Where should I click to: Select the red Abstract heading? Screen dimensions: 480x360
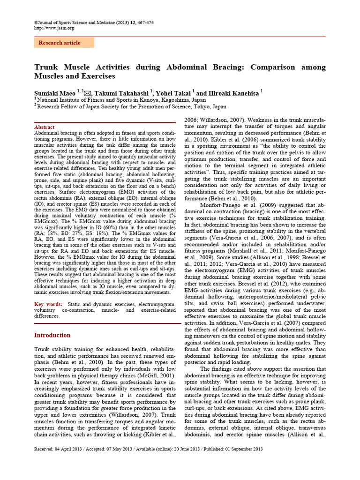pyautogui.click(x=45, y=127)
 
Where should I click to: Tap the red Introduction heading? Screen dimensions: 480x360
pyautogui.click(x=52, y=335)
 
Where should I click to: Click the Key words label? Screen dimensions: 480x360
pyautogui.click(x=48, y=304)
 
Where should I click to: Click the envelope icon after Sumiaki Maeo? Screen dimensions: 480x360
pyautogui.click(x=87, y=93)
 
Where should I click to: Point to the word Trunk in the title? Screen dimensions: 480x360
pyautogui.click(x=46, y=67)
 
